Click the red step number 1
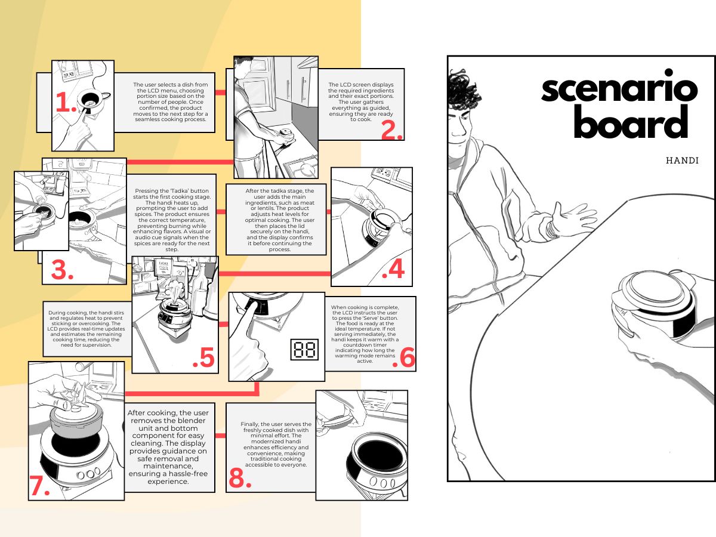coord(66,102)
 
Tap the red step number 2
coord(392,131)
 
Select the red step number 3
coord(62,270)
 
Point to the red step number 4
coord(394,269)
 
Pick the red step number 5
coord(203,357)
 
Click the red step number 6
coord(403,357)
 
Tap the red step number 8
coord(240,478)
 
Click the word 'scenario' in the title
coord(619,87)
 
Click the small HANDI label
coord(682,161)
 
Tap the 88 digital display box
coord(304,350)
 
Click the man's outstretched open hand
coord(574,217)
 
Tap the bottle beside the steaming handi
coord(200,287)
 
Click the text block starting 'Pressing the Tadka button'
coord(172,220)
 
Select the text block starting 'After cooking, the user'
coord(168,447)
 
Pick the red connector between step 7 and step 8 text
coord(221,436)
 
